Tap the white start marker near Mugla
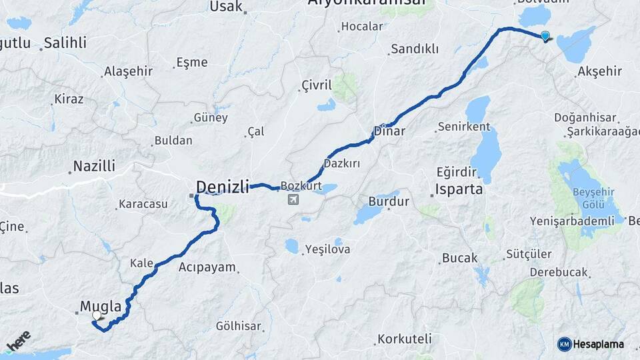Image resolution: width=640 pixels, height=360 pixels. [x=97, y=315]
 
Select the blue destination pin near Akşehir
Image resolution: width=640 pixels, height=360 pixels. [x=545, y=36]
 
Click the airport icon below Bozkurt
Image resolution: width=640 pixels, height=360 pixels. [x=293, y=199]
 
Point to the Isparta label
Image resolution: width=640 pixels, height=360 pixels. [x=459, y=189]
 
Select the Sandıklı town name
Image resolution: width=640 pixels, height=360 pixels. [x=415, y=49]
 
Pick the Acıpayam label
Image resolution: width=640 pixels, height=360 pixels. [x=207, y=267]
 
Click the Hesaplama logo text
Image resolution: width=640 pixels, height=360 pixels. [x=599, y=344]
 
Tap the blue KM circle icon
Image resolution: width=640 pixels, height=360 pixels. [x=565, y=344]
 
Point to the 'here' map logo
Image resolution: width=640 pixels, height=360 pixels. [x=18, y=341]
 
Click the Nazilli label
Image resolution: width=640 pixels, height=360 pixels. [x=94, y=166]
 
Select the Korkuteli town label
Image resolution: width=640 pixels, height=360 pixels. [x=405, y=339]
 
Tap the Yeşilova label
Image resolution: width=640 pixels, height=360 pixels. [x=327, y=250]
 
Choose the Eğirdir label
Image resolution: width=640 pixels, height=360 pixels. [x=457, y=171]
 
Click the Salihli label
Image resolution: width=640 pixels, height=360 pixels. [x=65, y=43]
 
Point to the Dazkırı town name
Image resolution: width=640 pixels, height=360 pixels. [x=341, y=163]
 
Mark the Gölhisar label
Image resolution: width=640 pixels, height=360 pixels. [x=239, y=326]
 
